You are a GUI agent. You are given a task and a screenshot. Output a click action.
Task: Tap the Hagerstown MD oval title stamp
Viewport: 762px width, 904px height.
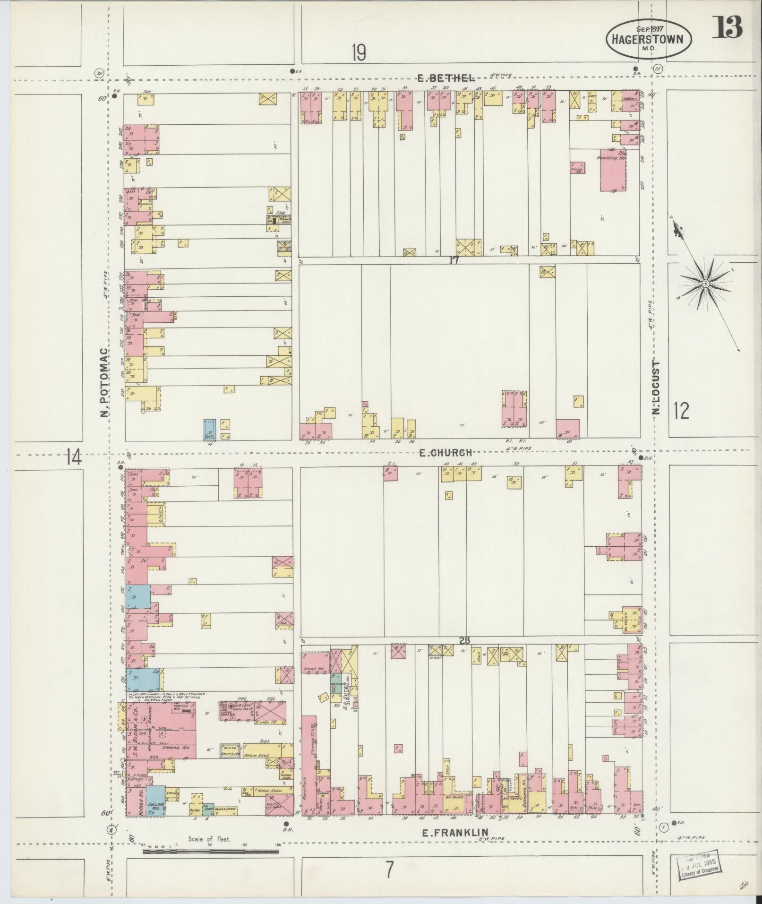(648, 38)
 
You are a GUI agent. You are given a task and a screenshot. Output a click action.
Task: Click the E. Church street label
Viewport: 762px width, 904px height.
(445, 452)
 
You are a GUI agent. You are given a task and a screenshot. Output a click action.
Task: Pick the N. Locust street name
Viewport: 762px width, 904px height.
(656, 387)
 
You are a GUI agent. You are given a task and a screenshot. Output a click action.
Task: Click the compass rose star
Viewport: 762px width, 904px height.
(704, 284)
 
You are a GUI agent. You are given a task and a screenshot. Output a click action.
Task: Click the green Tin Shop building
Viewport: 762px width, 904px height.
(208, 809)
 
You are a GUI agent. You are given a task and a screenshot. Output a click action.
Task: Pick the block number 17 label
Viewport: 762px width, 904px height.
(454, 259)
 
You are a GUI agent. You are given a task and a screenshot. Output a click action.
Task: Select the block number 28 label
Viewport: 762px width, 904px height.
(464, 640)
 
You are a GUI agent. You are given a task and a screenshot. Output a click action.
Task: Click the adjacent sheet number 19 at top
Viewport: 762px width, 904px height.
(359, 52)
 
